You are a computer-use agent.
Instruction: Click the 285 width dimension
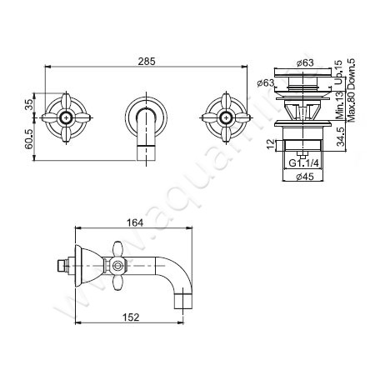click(146, 61)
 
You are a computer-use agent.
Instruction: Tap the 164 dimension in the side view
click(136, 222)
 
